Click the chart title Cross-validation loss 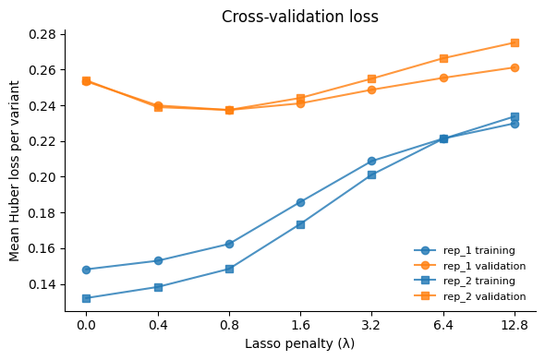[299, 17]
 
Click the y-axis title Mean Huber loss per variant [15, 171]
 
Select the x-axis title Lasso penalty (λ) [299, 343]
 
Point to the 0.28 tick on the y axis [43, 34]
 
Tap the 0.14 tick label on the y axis [43, 284]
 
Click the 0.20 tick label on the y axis [43, 177]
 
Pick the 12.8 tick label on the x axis [515, 325]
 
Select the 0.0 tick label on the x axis [86, 325]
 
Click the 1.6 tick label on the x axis [300, 325]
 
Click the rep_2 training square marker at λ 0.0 [86, 298]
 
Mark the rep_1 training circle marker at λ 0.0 [86, 270]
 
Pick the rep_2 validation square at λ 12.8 [515, 42]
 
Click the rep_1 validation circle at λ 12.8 [515, 67]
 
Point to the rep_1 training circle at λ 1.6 [300, 202]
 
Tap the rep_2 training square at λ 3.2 [371, 174]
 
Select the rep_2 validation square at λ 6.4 [443, 58]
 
